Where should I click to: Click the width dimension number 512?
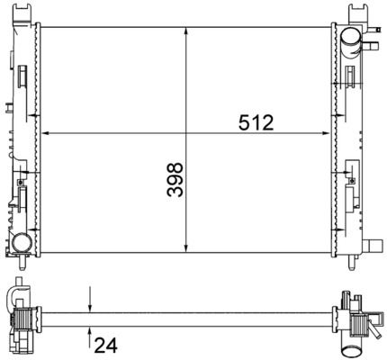tap(256, 122)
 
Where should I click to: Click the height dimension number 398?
tap(175, 180)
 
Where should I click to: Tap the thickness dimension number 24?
tap(106, 346)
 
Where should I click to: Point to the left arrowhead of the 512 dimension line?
tap(44, 133)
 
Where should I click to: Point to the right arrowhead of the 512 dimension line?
tap(326, 133)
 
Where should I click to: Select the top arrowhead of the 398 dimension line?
tap(186, 31)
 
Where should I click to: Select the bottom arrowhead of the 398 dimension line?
tap(186, 248)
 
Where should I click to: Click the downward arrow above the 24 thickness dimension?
tap(90, 300)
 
